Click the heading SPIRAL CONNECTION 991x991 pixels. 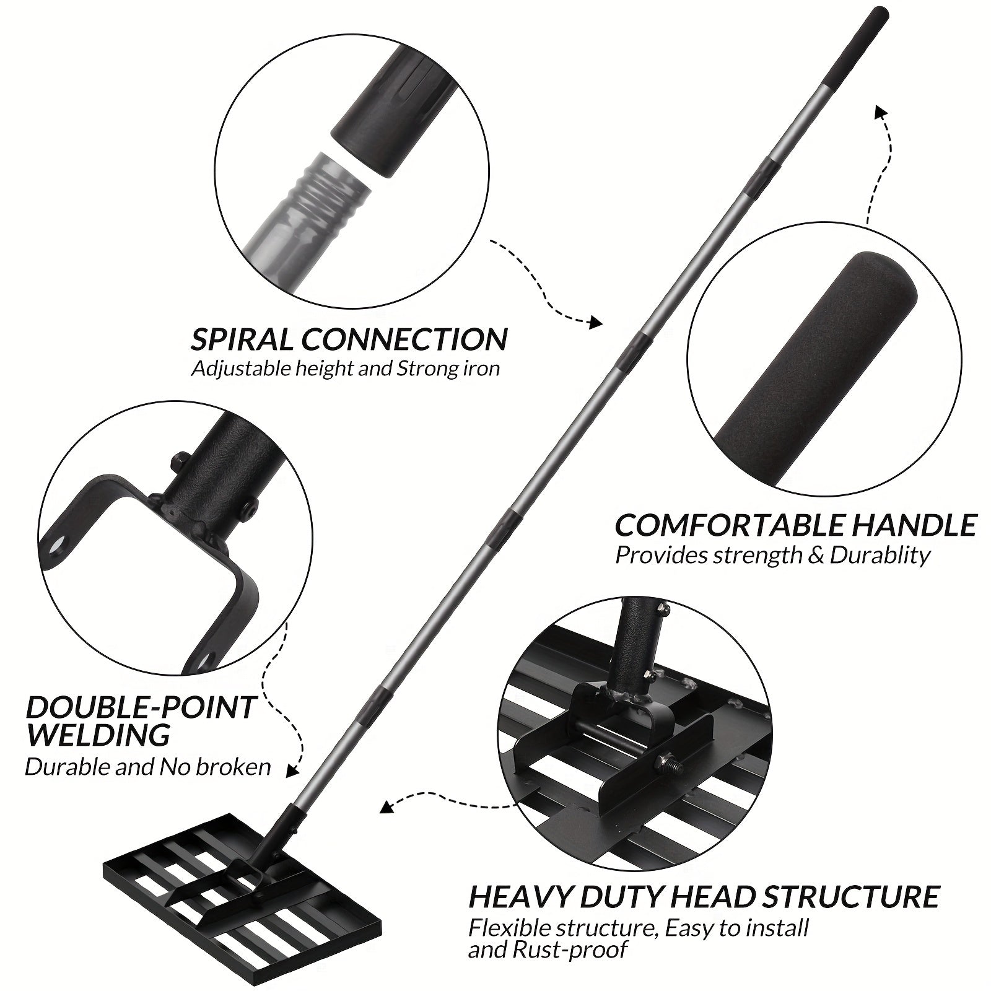pos(349,339)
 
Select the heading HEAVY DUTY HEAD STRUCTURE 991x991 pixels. pos(704,897)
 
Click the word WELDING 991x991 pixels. pos(98,735)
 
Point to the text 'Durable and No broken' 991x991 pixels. pos(148,767)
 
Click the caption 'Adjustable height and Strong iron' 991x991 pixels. pos(346,369)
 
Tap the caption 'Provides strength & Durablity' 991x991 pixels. pos(772,555)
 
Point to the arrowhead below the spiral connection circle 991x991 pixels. pos(595,322)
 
